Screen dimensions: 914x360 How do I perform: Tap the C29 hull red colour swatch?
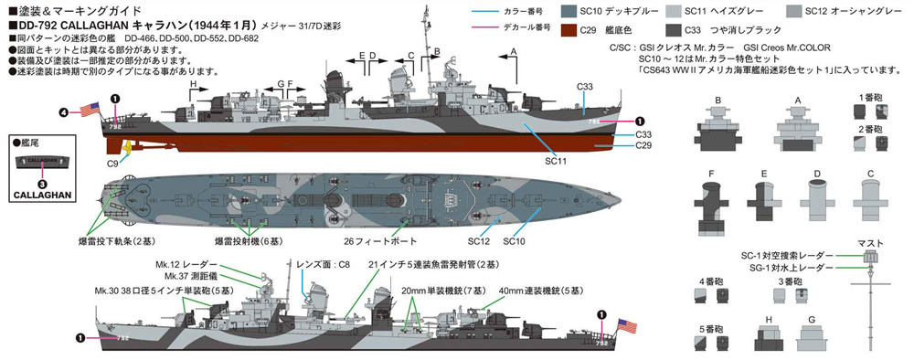click(564, 29)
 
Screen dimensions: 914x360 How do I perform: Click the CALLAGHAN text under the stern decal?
click(41, 194)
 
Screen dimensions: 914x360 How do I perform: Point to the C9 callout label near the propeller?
click(112, 162)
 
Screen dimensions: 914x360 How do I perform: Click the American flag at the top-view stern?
click(90, 110)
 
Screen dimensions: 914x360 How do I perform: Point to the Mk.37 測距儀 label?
click(189, 276)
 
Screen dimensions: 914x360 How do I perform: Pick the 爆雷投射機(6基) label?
click(248, 242)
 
